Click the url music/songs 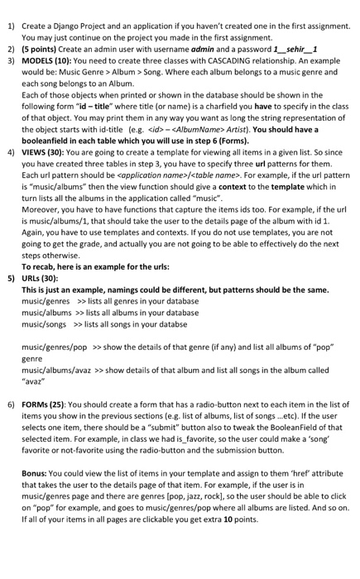tap(44, 324)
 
